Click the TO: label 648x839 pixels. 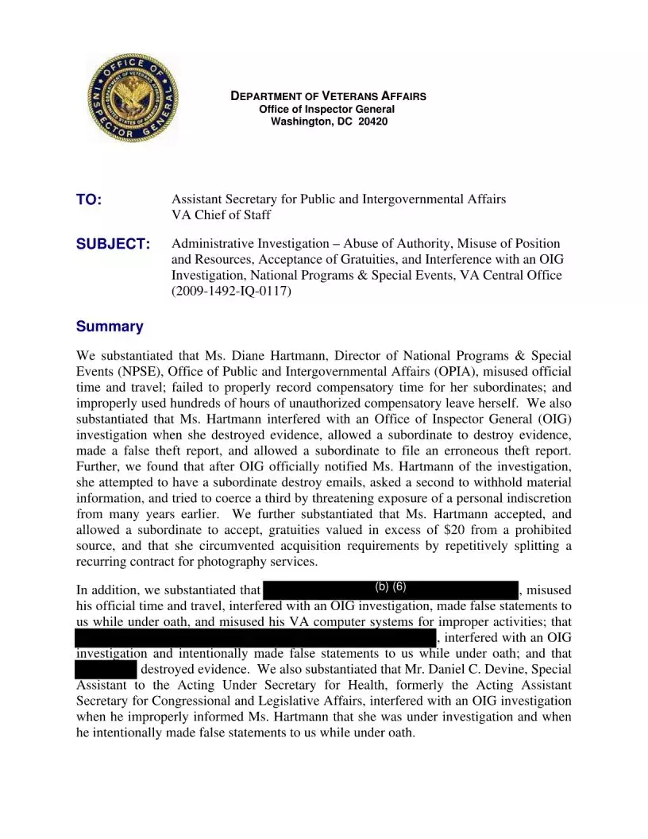coord(89,200)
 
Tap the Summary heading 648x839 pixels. coord(110,327)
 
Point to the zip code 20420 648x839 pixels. coord(372,122)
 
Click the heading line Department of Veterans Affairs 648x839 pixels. coord(328,96)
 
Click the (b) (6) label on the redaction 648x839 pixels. coord(390,587)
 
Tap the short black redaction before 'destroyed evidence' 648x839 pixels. coord(106,669)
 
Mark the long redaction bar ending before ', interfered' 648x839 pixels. coord(255,637)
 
